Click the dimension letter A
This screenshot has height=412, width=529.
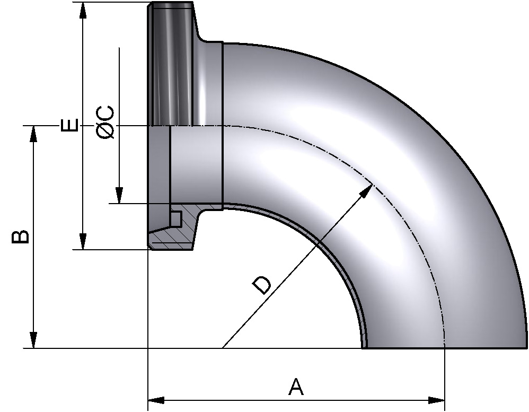pos(296,387)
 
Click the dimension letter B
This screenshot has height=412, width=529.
pos(20,236)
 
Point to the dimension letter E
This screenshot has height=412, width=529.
pos(69,125)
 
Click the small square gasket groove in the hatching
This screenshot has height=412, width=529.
pos(176,218)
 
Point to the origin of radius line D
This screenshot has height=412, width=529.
pos(223,348)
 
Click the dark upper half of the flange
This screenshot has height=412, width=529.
pos(172,64)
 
